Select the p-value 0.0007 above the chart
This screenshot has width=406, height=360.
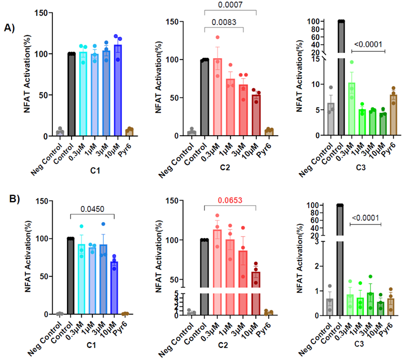point(230,5)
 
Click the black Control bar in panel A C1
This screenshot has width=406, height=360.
point(72,94)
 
